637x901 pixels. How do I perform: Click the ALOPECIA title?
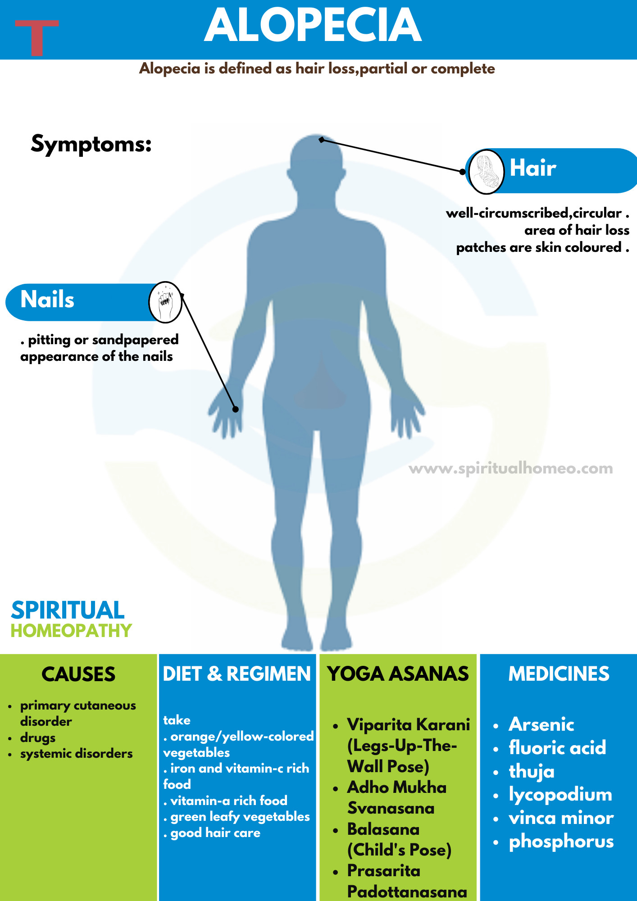click(313, 26)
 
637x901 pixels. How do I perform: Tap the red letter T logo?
click(36, 37)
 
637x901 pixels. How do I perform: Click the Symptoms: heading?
click(91, 144)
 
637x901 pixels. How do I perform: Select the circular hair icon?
click(486, 172)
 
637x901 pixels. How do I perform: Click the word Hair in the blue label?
click(532, 168)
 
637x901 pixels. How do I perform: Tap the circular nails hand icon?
click(165, 302)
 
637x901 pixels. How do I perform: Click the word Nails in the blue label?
click(47, 300)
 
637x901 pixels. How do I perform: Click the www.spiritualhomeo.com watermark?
click(510, 469)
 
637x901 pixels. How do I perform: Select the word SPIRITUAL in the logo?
click(68, 610)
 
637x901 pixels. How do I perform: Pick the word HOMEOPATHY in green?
click(71, 631)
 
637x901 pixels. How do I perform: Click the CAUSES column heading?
click(78, 674)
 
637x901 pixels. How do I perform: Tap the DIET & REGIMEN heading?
click(237, 674)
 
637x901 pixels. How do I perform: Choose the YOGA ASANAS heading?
click(398, 674)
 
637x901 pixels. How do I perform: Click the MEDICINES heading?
click(559, 674)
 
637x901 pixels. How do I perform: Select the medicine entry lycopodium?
click(560, 794)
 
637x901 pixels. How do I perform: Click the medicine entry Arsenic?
click(541, 724)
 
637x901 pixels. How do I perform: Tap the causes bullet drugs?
click(38, 738)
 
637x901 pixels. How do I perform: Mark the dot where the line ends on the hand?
click(236, 409)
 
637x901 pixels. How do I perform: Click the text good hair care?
click(215, 833)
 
